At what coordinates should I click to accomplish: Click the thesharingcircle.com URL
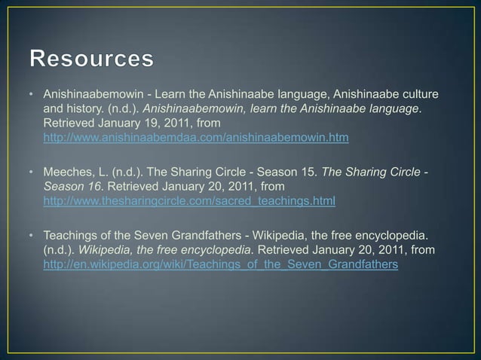[189, 202]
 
